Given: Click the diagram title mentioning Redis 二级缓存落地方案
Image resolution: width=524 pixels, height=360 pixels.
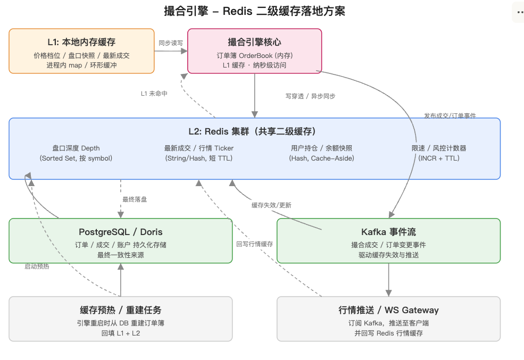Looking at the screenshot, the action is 254,11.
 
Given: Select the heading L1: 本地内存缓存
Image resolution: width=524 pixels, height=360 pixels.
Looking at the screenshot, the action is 81,42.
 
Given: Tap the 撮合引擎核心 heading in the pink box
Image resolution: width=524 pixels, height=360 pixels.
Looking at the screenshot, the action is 255,42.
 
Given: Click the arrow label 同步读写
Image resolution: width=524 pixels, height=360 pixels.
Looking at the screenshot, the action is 171,43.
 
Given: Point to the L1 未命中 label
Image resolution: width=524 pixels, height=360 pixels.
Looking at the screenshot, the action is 154,94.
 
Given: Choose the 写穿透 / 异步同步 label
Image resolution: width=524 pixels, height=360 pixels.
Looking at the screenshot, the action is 311,96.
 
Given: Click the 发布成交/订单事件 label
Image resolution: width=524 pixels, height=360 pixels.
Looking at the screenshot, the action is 450,115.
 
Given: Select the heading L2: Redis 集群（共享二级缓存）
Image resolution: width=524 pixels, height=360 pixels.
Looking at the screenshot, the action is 252,131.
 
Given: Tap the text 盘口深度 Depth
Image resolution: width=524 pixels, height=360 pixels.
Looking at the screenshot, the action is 76,148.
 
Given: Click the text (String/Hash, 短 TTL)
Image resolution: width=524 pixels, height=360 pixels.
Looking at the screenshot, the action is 199,158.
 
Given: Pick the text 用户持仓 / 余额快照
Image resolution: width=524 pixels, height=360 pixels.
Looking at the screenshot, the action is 321,148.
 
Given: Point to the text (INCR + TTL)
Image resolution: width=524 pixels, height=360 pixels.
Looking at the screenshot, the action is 439,158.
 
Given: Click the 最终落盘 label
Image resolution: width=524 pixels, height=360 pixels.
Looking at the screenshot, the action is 135,199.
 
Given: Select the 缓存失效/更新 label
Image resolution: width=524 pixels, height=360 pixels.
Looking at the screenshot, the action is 271,205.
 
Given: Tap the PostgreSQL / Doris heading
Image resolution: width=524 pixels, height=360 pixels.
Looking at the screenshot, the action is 121,232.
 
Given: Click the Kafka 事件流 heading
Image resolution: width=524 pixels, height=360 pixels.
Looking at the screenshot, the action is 389,232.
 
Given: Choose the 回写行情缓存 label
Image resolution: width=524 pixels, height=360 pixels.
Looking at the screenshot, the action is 255,244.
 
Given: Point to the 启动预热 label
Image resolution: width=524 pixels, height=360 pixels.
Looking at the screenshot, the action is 37,266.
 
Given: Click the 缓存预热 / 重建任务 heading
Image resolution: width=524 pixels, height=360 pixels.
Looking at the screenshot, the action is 121,310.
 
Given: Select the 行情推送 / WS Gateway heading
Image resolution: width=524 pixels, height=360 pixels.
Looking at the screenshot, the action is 389,310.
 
